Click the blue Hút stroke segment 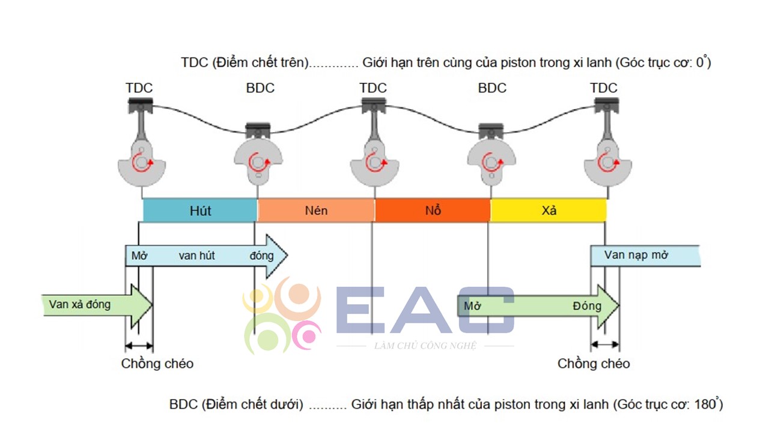(x=200, y=210)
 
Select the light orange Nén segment (x=316, y=210)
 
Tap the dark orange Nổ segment (x=433, y=210)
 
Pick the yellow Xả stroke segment (x=549, y=210)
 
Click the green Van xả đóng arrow (x=97, y=305)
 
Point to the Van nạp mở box (x=645, y=256)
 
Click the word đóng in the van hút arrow (x=261, y=256)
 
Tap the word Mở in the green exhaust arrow (x=472, y=306)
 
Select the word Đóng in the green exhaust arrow (x=587, y=306)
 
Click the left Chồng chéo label (x=157, y=364)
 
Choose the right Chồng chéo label (x=594, y=364)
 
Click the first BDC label (x=260, y=88)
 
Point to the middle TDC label (x=373, y=88)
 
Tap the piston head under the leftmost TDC (x=141, y=105)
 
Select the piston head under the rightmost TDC (x=607, y=105)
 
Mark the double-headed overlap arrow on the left (x=139, y=346)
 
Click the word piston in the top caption (x=518, y=63)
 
